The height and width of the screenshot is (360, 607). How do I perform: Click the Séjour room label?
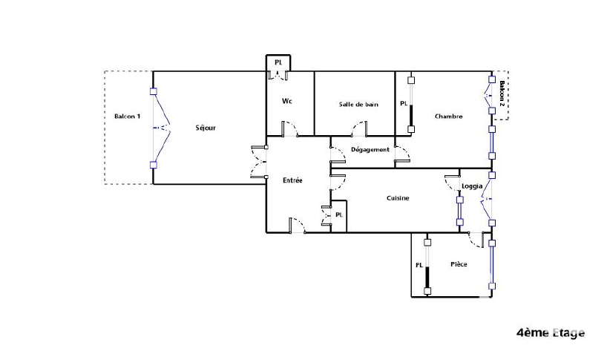tap(206, 128)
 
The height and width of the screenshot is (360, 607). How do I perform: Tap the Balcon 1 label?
tap(128, 116)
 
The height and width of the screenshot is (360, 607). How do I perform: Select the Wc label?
tap(287, 101)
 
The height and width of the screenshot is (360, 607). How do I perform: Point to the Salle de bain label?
tap(358, 104)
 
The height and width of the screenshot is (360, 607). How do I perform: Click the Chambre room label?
tap(449, 116)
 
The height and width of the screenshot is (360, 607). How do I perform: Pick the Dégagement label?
tap(370, 149)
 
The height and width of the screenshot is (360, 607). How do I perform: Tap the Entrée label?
tap(292, 180)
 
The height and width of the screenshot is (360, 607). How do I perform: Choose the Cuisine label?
tap(398, 197)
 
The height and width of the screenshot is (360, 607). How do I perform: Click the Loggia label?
tap(472, 186)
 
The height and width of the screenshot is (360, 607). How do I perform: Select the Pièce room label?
tap(459, 264)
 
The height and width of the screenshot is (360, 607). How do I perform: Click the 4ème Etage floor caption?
tap(551, 333)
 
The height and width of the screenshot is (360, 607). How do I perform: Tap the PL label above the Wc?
tap(278, 62)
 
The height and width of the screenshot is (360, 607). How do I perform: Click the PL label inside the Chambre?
tap(404, 103)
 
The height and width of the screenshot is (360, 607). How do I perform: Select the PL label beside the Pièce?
tap(419, 265)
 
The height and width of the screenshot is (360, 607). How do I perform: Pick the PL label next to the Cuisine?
tap(338, 215)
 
